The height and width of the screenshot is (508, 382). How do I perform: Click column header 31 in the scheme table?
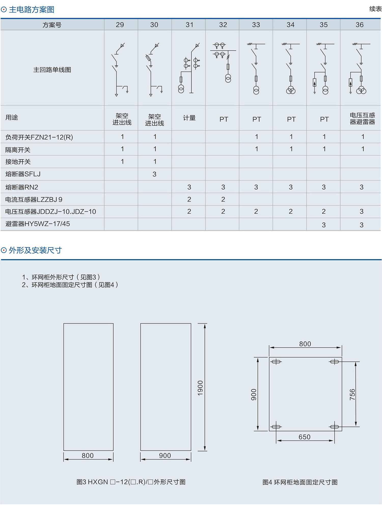[x=189, y=25]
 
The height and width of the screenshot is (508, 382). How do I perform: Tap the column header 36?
[x=359, y=25]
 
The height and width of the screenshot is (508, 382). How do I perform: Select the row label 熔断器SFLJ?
[x=23, y=174]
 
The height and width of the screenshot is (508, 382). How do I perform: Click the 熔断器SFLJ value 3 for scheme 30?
[x=154, y=174]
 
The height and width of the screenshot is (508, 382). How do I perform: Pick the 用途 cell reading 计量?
[x=189, y=118]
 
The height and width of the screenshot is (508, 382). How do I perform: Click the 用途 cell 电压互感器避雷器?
[x=362, y=118]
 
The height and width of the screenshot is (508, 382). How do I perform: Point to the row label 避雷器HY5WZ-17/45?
[x=38, y=224]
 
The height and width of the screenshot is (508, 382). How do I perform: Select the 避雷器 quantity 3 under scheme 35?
[x=324, y=225]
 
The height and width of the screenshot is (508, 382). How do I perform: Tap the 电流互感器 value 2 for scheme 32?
[x=223, y=199]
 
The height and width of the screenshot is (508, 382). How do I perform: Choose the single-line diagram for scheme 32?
[x=223, y=63]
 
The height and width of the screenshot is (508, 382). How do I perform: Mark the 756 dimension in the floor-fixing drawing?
[x=352, y=394]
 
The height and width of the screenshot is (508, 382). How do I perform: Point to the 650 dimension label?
[x=304, y=437]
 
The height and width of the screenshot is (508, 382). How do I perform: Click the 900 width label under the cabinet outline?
[x=165, y=455]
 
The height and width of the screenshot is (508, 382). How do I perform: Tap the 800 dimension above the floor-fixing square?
[x=305, y=344]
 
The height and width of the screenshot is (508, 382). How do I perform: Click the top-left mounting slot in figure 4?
[x=276, y=362]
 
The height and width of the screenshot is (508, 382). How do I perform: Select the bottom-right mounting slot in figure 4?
[x=334, y=427]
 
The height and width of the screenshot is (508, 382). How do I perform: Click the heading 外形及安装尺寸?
[x=35, y=250]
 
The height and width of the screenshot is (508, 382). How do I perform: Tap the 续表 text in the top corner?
[x=375, y=9]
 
